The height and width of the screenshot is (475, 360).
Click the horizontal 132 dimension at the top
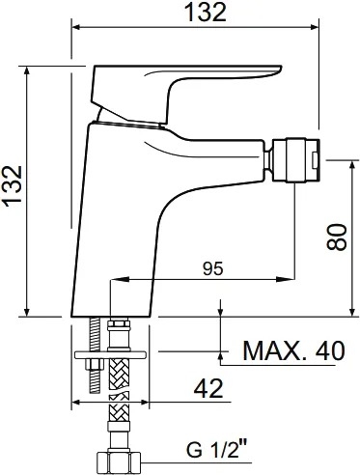coord(207,13)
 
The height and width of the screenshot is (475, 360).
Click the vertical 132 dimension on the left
coord(13,184)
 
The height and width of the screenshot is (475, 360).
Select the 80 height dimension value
coord(337,237)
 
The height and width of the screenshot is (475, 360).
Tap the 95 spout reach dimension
coord(213,268)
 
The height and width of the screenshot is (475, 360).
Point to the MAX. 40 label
coord(293,350)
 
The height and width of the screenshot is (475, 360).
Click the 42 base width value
coord(208,388)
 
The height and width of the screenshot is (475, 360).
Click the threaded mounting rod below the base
coord(95,354)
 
